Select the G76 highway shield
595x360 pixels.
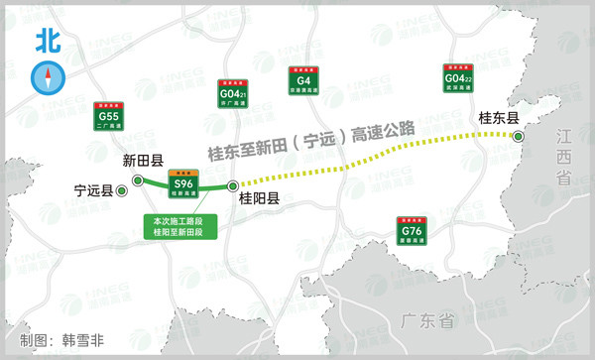[412, 230]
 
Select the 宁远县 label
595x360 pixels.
[94, 189]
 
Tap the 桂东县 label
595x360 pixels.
[499, 118]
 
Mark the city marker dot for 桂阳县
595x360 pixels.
[233, 185]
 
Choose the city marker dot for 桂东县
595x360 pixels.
[518, 136]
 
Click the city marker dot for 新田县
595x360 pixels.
[138, 179]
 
